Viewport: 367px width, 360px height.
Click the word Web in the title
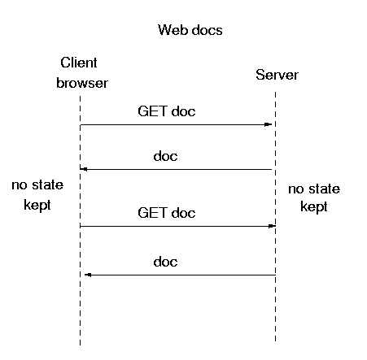pos(172,30)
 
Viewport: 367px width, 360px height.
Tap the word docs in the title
pos(207,30)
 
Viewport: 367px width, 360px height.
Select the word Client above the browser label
pos(79,63)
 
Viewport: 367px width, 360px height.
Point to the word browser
pos(82,83)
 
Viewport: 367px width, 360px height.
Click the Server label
pos(277,75)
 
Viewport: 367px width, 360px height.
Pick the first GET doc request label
pos(167,111)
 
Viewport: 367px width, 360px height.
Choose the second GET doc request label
pos(167,213)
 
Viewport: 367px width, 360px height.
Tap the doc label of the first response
pos(165,156)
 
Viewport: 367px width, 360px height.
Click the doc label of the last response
pos(165,262)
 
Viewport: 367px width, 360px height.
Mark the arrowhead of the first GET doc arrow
pos(268,124)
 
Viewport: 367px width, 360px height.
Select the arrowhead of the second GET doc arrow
pos(272,226)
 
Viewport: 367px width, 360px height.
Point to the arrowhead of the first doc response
pos(84,169)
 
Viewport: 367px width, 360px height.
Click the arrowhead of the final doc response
pos(88,275)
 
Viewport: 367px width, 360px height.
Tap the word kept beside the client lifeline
pos(37,205)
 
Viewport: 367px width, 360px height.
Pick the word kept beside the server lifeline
pos(314,206)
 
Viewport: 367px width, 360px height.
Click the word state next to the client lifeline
pos(48,185)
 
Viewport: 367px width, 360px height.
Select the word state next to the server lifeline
pos(325,189)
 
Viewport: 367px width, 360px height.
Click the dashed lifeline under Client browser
pos(81,220)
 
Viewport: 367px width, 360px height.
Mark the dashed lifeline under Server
pos(276,216)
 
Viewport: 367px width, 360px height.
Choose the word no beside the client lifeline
pos(20,185)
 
